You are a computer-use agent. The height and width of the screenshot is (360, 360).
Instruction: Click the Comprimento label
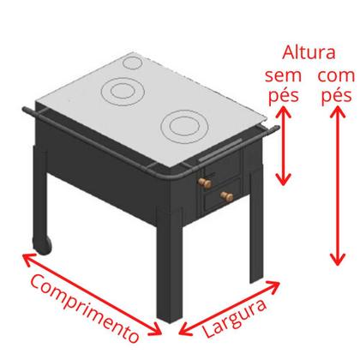83,306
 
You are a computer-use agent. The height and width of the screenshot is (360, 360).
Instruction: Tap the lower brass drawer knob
228,198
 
